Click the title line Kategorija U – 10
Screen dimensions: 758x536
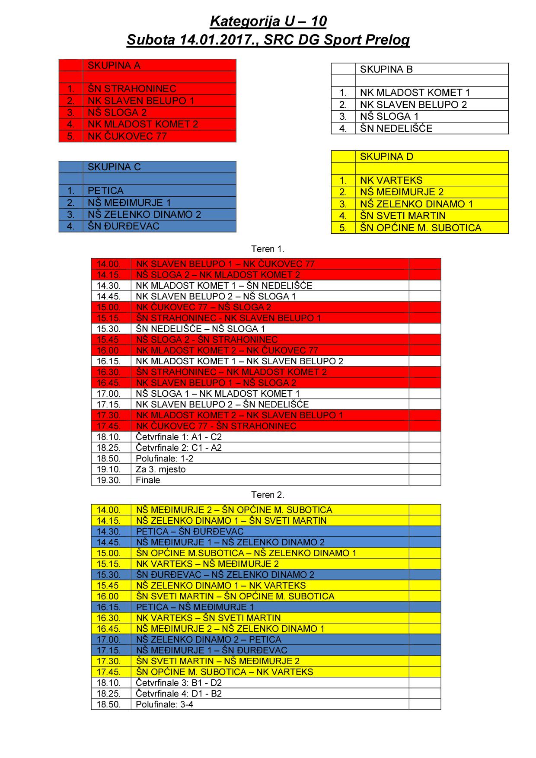[268, 21]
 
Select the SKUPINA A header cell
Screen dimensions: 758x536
[114, 66]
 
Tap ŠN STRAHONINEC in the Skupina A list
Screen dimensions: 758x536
[132, 89]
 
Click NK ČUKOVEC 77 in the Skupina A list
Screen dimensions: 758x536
[127, 136]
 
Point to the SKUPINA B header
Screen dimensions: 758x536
[386, 69]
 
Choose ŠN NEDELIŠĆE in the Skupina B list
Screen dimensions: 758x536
[396, 128]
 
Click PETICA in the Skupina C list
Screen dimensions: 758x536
[105, 191]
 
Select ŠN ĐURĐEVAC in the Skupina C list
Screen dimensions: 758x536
[124, 226]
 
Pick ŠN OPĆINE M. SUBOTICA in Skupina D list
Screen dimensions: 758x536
[421, 228]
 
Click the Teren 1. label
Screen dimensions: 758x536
[268, 249]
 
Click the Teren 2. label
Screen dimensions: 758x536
[268, 495]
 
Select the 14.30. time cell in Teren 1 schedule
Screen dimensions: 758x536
[108, 286]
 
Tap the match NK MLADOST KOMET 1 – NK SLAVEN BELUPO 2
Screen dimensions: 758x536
[239, 361]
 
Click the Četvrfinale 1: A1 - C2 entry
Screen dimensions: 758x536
[179, 437]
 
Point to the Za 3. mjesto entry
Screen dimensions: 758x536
[160, 469]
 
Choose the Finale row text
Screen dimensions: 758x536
[148, 480]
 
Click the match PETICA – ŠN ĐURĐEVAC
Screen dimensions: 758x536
[190, 532]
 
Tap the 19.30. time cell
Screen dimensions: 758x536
[108, 480]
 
